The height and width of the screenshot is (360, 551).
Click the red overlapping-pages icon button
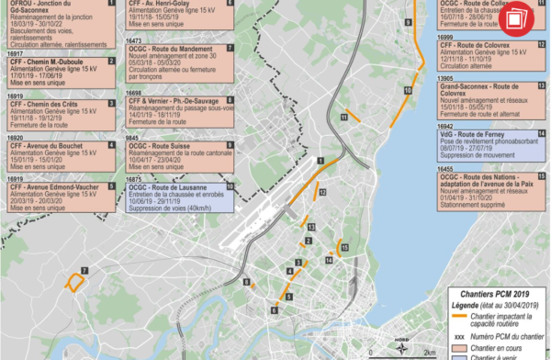(521, 15)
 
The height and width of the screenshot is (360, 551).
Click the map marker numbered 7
(84, 269)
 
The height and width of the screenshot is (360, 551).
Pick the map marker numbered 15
(344, 247)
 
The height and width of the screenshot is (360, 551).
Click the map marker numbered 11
(344, 118)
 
